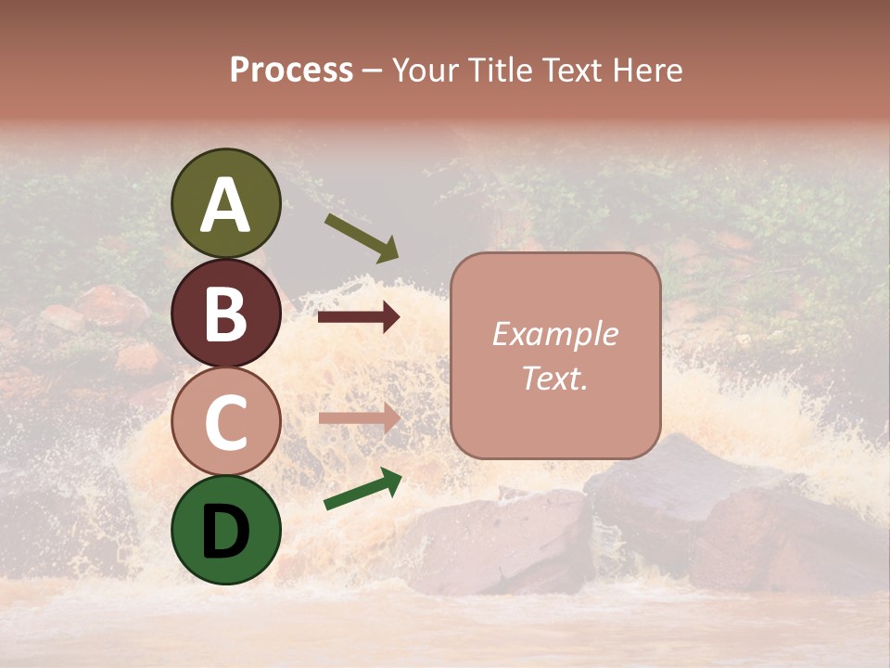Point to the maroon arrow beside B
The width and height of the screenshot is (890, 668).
click(359, 317)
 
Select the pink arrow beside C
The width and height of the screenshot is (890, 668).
click(359, 417)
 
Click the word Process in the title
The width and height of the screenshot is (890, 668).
click(291, 71)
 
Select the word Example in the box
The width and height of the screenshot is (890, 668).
click(554, 334)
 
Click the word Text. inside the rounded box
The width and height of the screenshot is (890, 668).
click(554, 378)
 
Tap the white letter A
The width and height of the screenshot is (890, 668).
click(226, 206)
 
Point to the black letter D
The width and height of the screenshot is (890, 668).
click(226, 533)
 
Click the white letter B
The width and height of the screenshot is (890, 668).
click(226, 315)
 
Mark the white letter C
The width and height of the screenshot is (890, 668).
click(226, 423)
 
